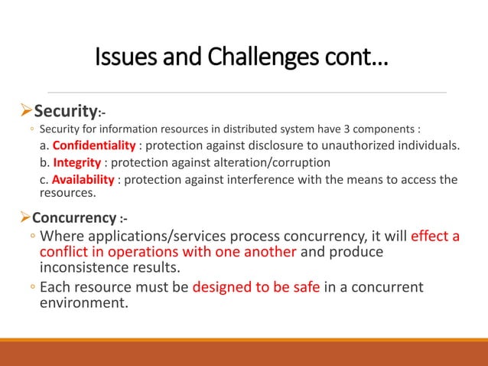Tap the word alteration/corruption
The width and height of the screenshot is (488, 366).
(269, 163)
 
